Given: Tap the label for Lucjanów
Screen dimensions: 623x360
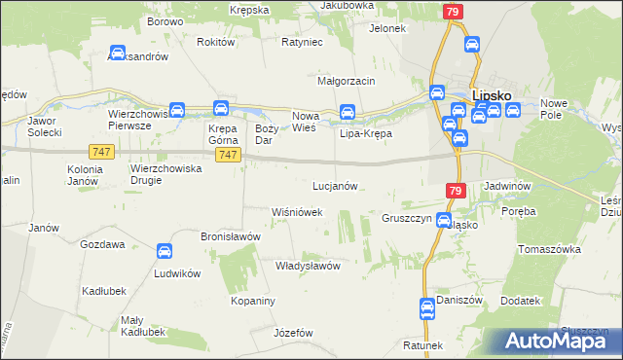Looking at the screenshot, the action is point(337,185).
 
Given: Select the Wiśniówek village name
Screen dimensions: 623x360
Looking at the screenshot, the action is point(297,211).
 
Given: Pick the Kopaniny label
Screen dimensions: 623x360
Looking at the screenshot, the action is point(255,302).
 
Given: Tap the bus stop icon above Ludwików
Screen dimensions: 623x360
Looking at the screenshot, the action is point(165,251).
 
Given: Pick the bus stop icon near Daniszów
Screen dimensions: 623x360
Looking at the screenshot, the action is point(426,308).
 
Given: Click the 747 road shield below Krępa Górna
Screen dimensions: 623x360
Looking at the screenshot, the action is point(227,156).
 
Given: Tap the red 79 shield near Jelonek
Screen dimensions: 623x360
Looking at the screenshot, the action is point(452,12).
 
